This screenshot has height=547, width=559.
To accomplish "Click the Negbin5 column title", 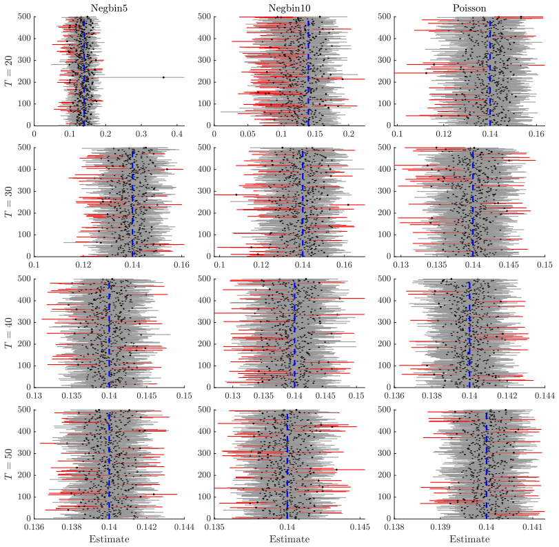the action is click(109, 8).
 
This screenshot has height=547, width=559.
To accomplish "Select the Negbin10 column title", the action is click(289, 8).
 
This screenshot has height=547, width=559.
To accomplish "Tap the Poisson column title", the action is click(469, 8).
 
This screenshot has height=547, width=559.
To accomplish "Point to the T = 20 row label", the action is click(8, 70).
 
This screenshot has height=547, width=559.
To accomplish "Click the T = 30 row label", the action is click(8, 201).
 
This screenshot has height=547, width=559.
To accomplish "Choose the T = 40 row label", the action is click(8, 332).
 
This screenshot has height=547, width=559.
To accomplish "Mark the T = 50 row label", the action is click(8, 464).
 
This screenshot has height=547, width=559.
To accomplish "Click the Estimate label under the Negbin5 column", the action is click(109, 539).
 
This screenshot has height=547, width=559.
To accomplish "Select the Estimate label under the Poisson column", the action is click(469, 539).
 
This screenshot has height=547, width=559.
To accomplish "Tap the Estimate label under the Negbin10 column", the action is click(289, 539).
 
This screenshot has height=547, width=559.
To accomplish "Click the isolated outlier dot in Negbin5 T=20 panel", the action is click(163, 77).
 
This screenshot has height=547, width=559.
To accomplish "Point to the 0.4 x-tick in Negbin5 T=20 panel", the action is click(177, 134).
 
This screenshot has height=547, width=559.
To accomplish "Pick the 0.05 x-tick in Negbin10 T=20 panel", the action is click(247, 134).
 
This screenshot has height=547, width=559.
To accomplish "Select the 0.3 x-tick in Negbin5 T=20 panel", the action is click(141, 134).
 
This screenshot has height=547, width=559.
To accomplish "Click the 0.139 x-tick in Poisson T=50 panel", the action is click(440, 527).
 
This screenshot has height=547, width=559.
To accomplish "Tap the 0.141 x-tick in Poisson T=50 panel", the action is click(532, 527).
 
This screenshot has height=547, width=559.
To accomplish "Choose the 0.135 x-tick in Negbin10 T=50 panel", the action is click(214, 527).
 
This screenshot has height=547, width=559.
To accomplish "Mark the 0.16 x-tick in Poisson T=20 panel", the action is click(536, 134).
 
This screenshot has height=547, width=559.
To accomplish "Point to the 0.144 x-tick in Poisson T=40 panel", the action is click(545, 396).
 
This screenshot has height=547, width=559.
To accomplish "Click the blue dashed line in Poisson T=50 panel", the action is click(486, 466).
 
